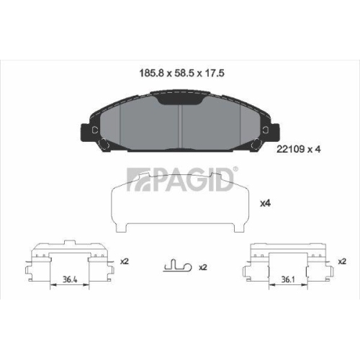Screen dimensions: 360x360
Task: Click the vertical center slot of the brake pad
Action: tap(180, 122)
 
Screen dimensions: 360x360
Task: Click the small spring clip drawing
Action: tap(175, 266)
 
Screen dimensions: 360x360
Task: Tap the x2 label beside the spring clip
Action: tap(202, 267)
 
